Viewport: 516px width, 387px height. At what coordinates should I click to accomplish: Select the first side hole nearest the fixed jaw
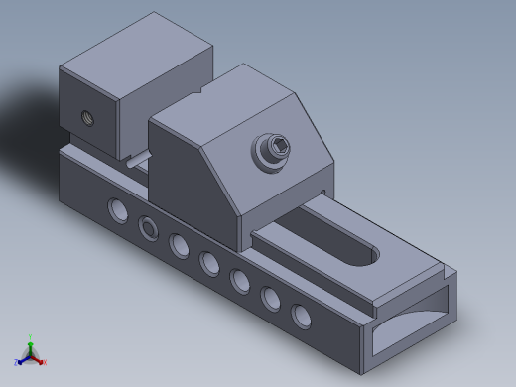pos(118,209)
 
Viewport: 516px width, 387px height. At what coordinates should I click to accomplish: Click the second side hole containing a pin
pos(149,227)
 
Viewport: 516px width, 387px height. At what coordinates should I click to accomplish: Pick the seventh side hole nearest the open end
pos(301,315)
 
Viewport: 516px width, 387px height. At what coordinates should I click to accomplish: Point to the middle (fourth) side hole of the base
pos(209,263)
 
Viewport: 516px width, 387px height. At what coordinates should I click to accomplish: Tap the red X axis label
pos(44,361)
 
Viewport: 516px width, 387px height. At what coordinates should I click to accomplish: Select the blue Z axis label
pos(17,363)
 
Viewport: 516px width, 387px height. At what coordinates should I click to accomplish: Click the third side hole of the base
pos(179,245)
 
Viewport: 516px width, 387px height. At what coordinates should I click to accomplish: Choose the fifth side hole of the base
pos(239,281)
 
